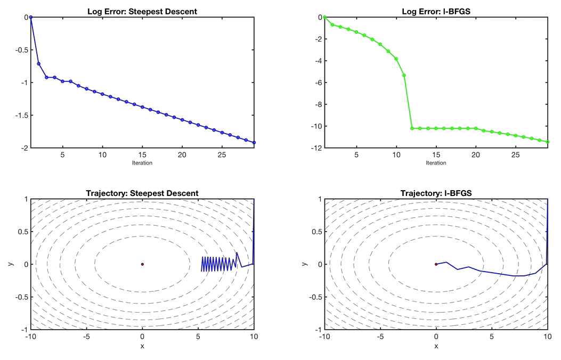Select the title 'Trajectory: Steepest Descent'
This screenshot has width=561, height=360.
click(x=142, y=193)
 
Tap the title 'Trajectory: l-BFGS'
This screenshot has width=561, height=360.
click(x=436, y=193)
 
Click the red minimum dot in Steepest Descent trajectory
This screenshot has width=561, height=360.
click(x=142, y=264)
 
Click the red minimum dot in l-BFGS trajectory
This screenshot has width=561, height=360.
click(x=436, y=264)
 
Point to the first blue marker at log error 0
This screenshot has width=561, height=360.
click(x=31, y=17)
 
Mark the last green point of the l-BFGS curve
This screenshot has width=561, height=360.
click(x=548, y=142)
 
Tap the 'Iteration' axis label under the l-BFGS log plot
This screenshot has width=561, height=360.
click(x=436, y=163)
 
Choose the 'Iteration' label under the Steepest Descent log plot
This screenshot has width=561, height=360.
click(x=142, y=163)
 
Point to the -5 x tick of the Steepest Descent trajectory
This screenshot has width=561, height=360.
click(x=86, y=337)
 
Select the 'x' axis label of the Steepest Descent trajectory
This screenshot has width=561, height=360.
click(x=142, y=346)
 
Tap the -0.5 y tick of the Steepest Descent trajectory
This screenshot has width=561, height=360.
click(x=19, y=297)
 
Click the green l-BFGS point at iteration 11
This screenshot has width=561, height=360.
click(x=404, y=76)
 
